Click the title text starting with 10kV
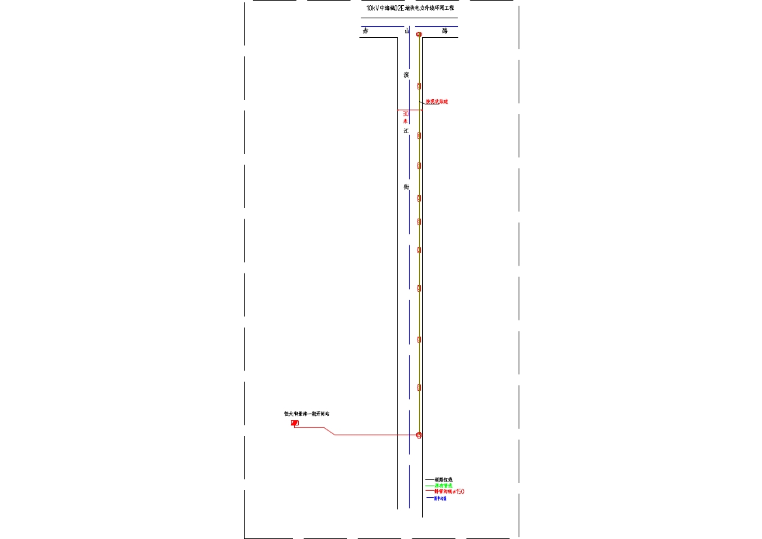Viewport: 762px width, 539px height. click(x=410, y=8)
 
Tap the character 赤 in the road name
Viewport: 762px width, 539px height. click(x=366, y=31)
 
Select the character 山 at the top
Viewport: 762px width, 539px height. click(x=406, y=31)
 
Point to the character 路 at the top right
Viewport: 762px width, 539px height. click(x=445, y=31)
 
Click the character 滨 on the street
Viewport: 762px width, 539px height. click(x=406, y=75)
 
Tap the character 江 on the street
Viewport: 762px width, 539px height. click(x=406, y=131)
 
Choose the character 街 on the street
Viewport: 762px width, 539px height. click(x=406, y=187)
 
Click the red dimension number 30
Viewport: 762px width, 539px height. click(x=406, y=114)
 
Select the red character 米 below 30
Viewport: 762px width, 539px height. click(x=405, y=121)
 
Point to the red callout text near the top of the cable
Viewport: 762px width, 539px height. click(x=437, y=102)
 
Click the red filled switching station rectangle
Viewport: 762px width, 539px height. click(x=295, y=423)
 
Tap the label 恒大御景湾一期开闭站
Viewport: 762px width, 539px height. click(x=307, y=414)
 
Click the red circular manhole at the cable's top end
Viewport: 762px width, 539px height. click(x=419, y=35)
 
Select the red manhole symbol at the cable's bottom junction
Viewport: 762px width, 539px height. click(x=419, y=435)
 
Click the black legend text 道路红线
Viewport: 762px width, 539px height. click(x=444, y=480)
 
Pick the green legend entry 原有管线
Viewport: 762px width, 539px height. click(x=444, y=485)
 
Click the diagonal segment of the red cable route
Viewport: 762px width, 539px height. click(x=329, y=431)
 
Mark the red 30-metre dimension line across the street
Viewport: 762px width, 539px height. click(x=410, y=110)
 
